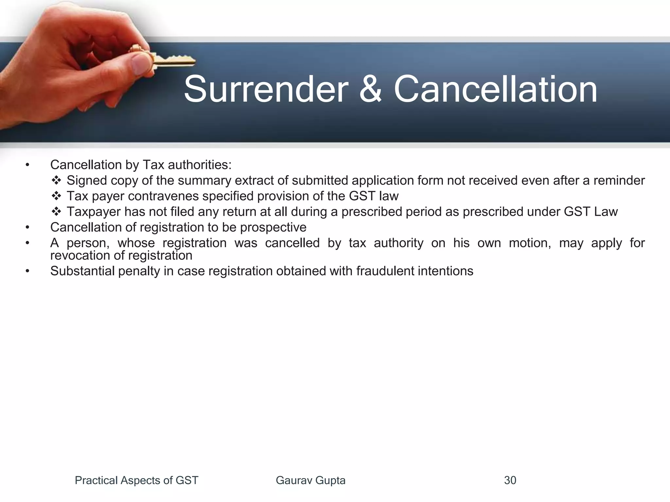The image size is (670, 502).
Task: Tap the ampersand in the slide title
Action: (371, 89)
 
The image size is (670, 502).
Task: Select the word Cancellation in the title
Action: (495, 89)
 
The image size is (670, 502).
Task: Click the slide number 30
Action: (510, 480)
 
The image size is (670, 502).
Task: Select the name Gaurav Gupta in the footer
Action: (310, 480)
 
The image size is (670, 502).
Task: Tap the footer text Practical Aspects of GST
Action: (136, 480)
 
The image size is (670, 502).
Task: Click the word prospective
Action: (273, 227)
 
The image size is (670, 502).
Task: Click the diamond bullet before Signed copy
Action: (56, 180)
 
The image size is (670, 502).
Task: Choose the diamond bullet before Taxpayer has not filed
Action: (56, 212)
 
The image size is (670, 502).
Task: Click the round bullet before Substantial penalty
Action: (27, 271)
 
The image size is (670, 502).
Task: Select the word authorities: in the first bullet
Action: (199, 165)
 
